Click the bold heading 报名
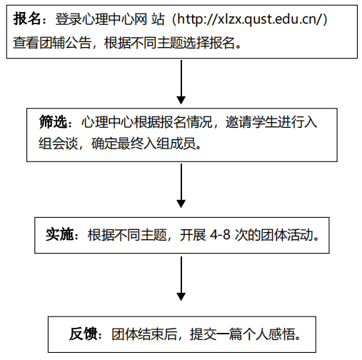(27, 19)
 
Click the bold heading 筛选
(53, 122)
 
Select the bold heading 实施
(59, 235)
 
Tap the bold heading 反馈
(83, 334)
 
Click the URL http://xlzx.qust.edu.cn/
(250, 19)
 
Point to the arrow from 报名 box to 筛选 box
(181, 82)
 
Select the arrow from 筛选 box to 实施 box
(181, 186)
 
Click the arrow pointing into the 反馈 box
(181, 279)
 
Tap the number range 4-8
(220, 235)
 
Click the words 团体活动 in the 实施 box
(287, 235)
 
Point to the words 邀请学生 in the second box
(251, 122)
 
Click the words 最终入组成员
(156, 144)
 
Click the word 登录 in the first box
(69, 19)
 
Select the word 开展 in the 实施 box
(193, 235)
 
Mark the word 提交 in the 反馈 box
(203, 334)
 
